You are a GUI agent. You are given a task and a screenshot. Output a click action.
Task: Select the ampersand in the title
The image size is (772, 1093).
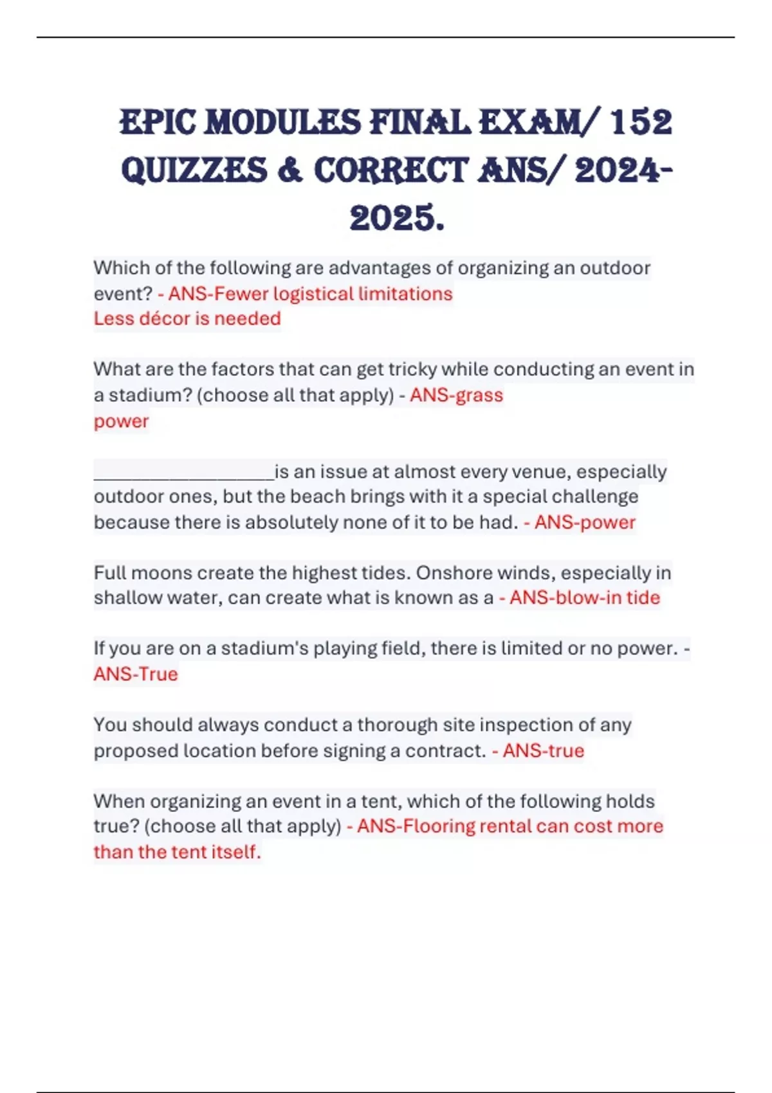click(290, 170)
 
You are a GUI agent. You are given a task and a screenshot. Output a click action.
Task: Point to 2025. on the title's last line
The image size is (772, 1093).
click(397, 218)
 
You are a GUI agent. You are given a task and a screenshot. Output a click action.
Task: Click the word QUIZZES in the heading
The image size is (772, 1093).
click(194, 170)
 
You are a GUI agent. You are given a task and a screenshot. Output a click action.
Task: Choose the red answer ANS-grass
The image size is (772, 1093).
click(456, 395)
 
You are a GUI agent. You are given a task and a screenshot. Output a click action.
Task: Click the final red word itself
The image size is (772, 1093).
click(237, 852)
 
